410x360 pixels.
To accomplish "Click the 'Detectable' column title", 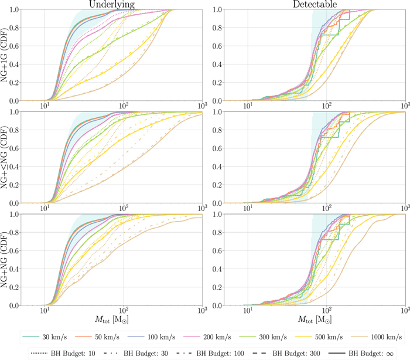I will [x=311, y=4].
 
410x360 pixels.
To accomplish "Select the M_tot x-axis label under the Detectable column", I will [x=311, y=321].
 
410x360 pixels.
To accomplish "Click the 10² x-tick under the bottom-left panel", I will [x=124, y=311].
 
